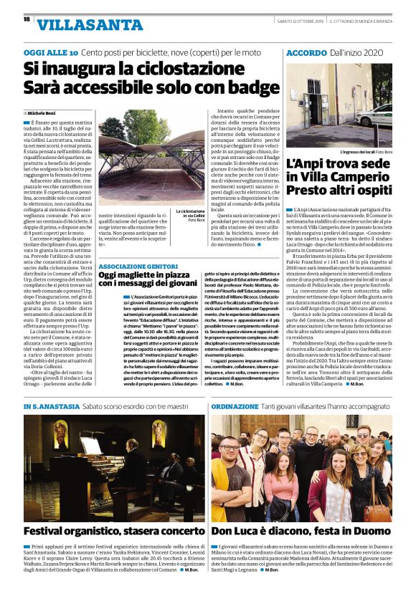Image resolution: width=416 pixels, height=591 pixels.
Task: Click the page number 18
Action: coord(27,20)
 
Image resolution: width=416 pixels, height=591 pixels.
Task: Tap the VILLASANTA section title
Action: coord(78,26)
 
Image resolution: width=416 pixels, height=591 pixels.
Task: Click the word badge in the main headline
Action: coord(251,88)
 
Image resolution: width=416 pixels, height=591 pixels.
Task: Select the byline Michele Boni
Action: coord(44,113)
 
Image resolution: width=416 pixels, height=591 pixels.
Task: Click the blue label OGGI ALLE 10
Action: coord(50,54)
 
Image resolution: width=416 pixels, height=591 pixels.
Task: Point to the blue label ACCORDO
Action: coord(307,54)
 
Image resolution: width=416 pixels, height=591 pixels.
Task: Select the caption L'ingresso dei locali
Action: coord(369,152)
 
